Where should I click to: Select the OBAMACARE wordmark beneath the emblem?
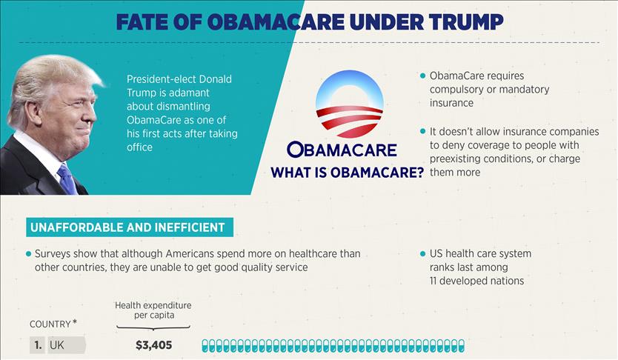click(x=342, y=149)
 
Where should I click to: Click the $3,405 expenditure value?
click(x=153, y=344)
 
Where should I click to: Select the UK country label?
click(x=56, y=345)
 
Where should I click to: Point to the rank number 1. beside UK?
click(x=37, y=345)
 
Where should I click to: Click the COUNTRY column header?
click(x=50, y=324)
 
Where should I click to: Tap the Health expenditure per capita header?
click(x=152, y=310)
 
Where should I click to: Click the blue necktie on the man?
click(x=67, y=179)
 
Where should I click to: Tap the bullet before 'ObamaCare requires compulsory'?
click(x=422, y=76)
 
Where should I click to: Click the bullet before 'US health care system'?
click(x=422, y=253)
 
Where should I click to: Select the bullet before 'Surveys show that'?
click(x=29, y=253)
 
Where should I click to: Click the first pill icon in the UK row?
click(x=206, y=345)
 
